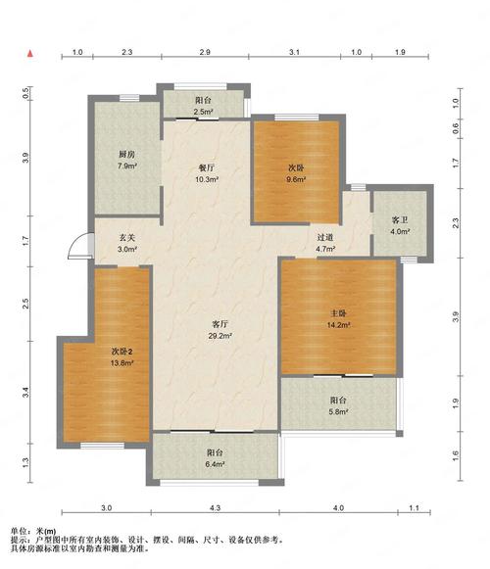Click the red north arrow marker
(30, 54)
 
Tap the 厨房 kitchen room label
(126, 154)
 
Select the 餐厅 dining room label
(207, 167)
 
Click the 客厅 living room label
(220, 324)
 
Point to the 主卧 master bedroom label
(338, 313)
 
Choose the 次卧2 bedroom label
(122, 352)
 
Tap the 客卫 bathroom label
(400, 220)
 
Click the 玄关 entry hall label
(127, 238)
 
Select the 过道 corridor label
(325, 237)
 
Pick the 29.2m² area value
(220, 336)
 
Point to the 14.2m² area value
(338, 325)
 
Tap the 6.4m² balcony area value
(215, 464)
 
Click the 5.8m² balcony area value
(338, 412)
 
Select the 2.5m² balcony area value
(204, 112)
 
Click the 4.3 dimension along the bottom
(215, 507)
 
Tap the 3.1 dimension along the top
(295, 52)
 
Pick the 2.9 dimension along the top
(205, 52)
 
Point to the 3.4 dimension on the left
(25, 393)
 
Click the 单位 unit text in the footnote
(18, 532)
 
